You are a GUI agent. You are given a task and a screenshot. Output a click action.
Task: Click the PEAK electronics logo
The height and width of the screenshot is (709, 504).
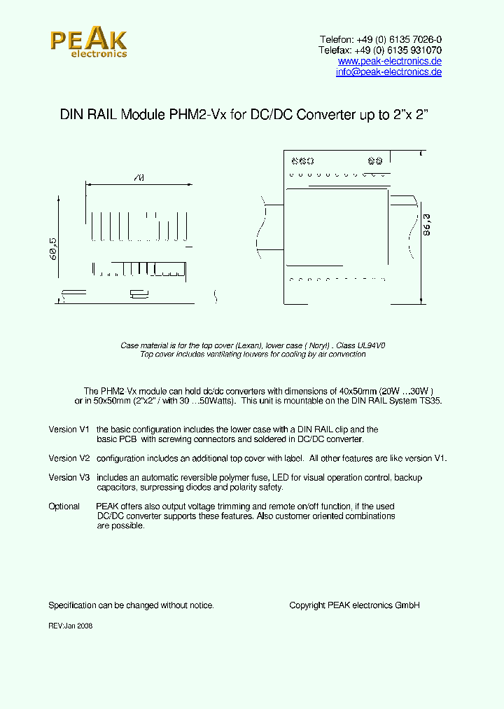click(88, 43)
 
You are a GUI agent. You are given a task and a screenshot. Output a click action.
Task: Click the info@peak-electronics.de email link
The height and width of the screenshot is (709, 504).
click(388, 72)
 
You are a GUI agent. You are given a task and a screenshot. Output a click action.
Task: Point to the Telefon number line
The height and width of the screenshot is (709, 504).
click(380, 40)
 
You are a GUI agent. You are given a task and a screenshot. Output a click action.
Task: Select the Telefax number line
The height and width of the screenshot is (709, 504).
click(380, 50)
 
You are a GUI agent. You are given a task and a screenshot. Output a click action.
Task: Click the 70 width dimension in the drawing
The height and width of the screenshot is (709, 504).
click(138, 179)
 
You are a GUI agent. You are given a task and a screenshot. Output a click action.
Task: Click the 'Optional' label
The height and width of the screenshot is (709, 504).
click(64, 507)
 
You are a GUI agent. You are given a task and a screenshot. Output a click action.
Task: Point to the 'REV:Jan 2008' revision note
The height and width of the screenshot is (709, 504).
click(70, 626)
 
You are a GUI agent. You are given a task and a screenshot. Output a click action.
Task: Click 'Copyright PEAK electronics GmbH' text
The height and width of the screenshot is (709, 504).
click(354, 605)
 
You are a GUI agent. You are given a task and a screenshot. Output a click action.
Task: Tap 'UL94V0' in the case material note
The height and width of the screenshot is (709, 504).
click(370, 345)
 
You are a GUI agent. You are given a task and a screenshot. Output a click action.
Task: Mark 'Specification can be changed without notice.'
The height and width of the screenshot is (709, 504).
click(131, 605)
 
